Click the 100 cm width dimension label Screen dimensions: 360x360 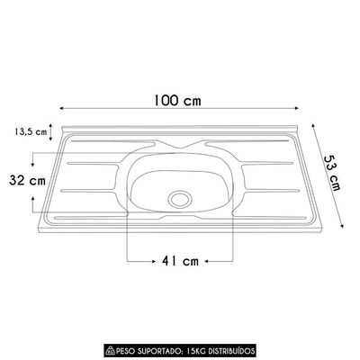[x=177, y=101]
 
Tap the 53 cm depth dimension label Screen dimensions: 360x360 [x=332, y=173]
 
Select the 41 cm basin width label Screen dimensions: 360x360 [x=180, y=261]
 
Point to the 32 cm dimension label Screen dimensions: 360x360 [x=27, y=181]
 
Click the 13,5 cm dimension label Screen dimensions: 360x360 [x=31, y=131]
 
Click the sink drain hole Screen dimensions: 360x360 [x=180, y=199]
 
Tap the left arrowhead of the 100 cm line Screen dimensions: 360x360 [x=62, y=108]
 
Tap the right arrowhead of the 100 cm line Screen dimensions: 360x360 [x=297, y=108]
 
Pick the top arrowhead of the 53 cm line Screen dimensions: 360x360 [x=313, y=125]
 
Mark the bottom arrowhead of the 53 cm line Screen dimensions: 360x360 [x=342, y=225]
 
